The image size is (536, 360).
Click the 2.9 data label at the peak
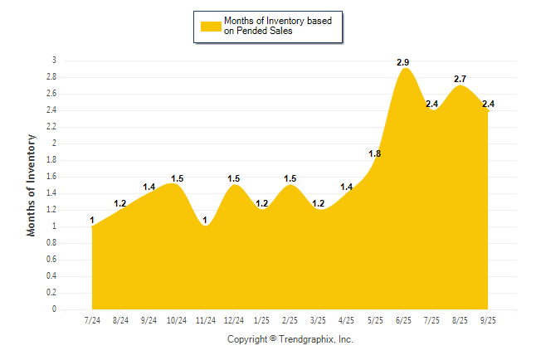coord(403,62)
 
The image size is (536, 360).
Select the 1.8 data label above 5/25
coord(375,153)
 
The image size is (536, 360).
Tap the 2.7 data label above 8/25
coord(460,79)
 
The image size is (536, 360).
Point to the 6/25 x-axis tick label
coord(404,319)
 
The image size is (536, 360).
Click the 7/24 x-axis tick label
coord(93,319)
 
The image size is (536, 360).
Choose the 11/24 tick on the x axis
coord(206,319)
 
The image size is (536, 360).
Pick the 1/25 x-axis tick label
coord(262,319)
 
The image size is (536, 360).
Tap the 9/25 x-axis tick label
coord(489,319)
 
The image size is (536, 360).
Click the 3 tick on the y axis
coord(54,61)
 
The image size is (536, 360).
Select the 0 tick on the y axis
coord(54,309)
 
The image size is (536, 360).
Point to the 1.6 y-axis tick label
coord(51,177)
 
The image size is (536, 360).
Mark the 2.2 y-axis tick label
coord(51,127)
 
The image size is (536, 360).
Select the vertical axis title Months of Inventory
coord(32,185)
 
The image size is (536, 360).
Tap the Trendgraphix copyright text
coord(290,339)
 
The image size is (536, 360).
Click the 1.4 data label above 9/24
coord(149,187)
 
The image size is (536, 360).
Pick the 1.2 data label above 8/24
coord(120,203)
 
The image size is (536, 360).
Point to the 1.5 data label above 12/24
coord(234,178)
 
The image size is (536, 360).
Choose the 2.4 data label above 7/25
coord(431,104)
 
